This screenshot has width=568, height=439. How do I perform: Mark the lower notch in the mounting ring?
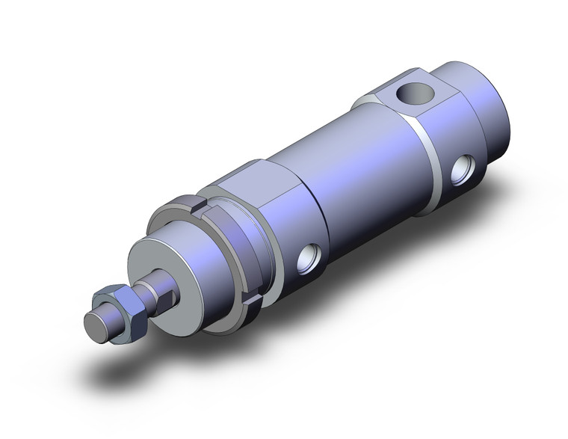pos(250,302)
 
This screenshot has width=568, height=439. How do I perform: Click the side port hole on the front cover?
pos(309,260)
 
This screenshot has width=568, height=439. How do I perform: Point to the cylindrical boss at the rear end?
pos(486,105)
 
